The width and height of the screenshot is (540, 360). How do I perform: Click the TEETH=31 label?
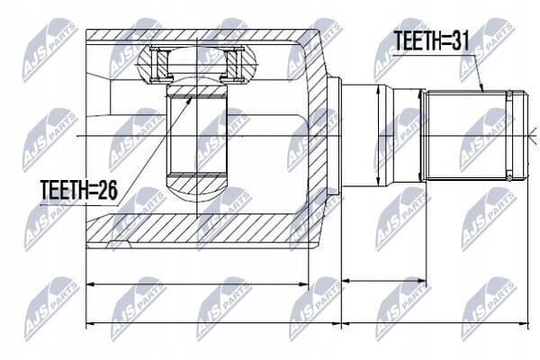tap(431, 40)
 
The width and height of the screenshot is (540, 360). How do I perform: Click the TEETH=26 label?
tap(79, 190)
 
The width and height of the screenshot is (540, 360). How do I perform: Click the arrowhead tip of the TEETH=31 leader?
tap(482, 92)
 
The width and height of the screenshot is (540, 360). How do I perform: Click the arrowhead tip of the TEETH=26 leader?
tap(192, 97)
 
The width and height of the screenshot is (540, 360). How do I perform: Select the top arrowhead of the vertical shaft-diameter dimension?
tap(379, 86)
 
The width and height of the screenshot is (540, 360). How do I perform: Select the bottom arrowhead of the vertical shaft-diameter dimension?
tap(379, 186)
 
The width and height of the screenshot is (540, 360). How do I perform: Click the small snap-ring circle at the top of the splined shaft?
tap(508, 94)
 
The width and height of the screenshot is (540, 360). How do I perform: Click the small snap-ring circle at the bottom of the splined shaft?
tap(508, 178)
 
